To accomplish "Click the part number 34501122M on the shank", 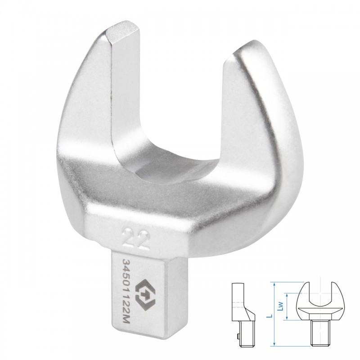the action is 126,292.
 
